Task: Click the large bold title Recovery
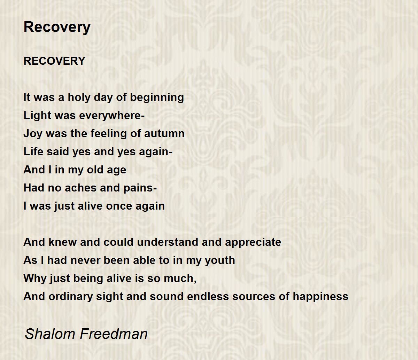[x=57, y=28]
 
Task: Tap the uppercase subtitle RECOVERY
[x=54, y=61]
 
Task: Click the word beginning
[x=157, y=98]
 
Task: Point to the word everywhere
[x=111, y=116]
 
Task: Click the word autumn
[x=164, y=134]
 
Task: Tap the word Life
[x=33, y=151]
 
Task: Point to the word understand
[x=168, y=242]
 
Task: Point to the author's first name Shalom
[x=50, y=334]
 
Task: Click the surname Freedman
[x=114, y=334]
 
